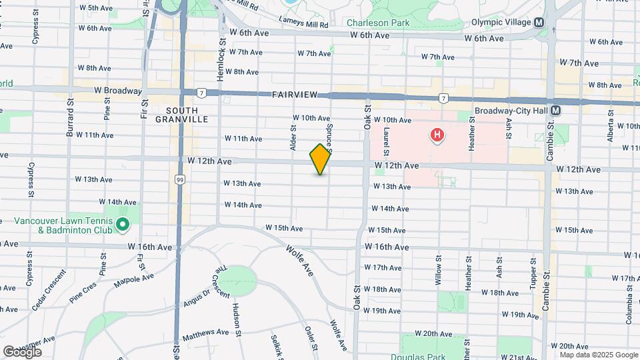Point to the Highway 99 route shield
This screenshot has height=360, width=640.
180,179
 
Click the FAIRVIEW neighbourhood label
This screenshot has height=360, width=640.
298,95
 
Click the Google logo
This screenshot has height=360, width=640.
22,351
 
